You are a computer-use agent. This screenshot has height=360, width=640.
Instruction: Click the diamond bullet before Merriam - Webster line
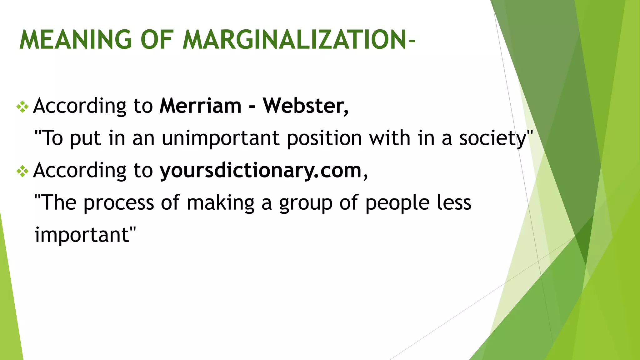pos(22,107)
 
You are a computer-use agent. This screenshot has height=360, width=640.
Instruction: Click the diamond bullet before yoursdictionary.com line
pos(22,171)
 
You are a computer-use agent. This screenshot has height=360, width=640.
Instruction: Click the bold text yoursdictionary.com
pos(261,171)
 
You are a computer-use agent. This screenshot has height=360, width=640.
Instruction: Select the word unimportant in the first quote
pos(220,138)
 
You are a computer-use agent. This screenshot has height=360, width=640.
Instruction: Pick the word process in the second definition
pos(119,203)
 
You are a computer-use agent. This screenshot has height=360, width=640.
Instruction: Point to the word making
pos(221,203)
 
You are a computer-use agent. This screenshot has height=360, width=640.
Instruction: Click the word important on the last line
pos(82,235)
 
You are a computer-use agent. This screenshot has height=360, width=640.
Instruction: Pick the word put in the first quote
pos(85,139)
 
